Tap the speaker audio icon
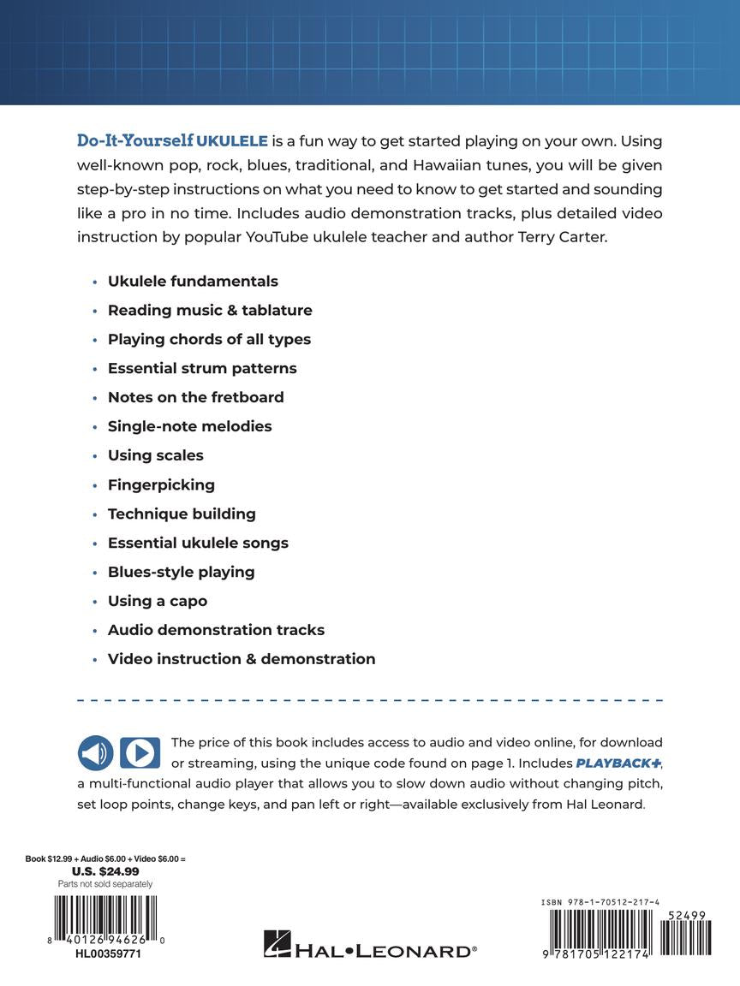click(x=96, y=753)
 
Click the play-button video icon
click(x=140, y=753)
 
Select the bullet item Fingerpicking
click(x=161, y=484)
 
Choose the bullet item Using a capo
click(x=158, y=601)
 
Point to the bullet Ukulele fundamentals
click(x=193, y=281)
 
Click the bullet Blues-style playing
click(x=181, y=572)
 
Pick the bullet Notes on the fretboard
click(x=195, y=397)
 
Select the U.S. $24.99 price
click(x=105, y=871)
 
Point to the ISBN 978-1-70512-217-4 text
click(x=600, y=902)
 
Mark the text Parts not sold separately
click(x=105, y=883)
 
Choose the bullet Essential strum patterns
click(x=202, y=368)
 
